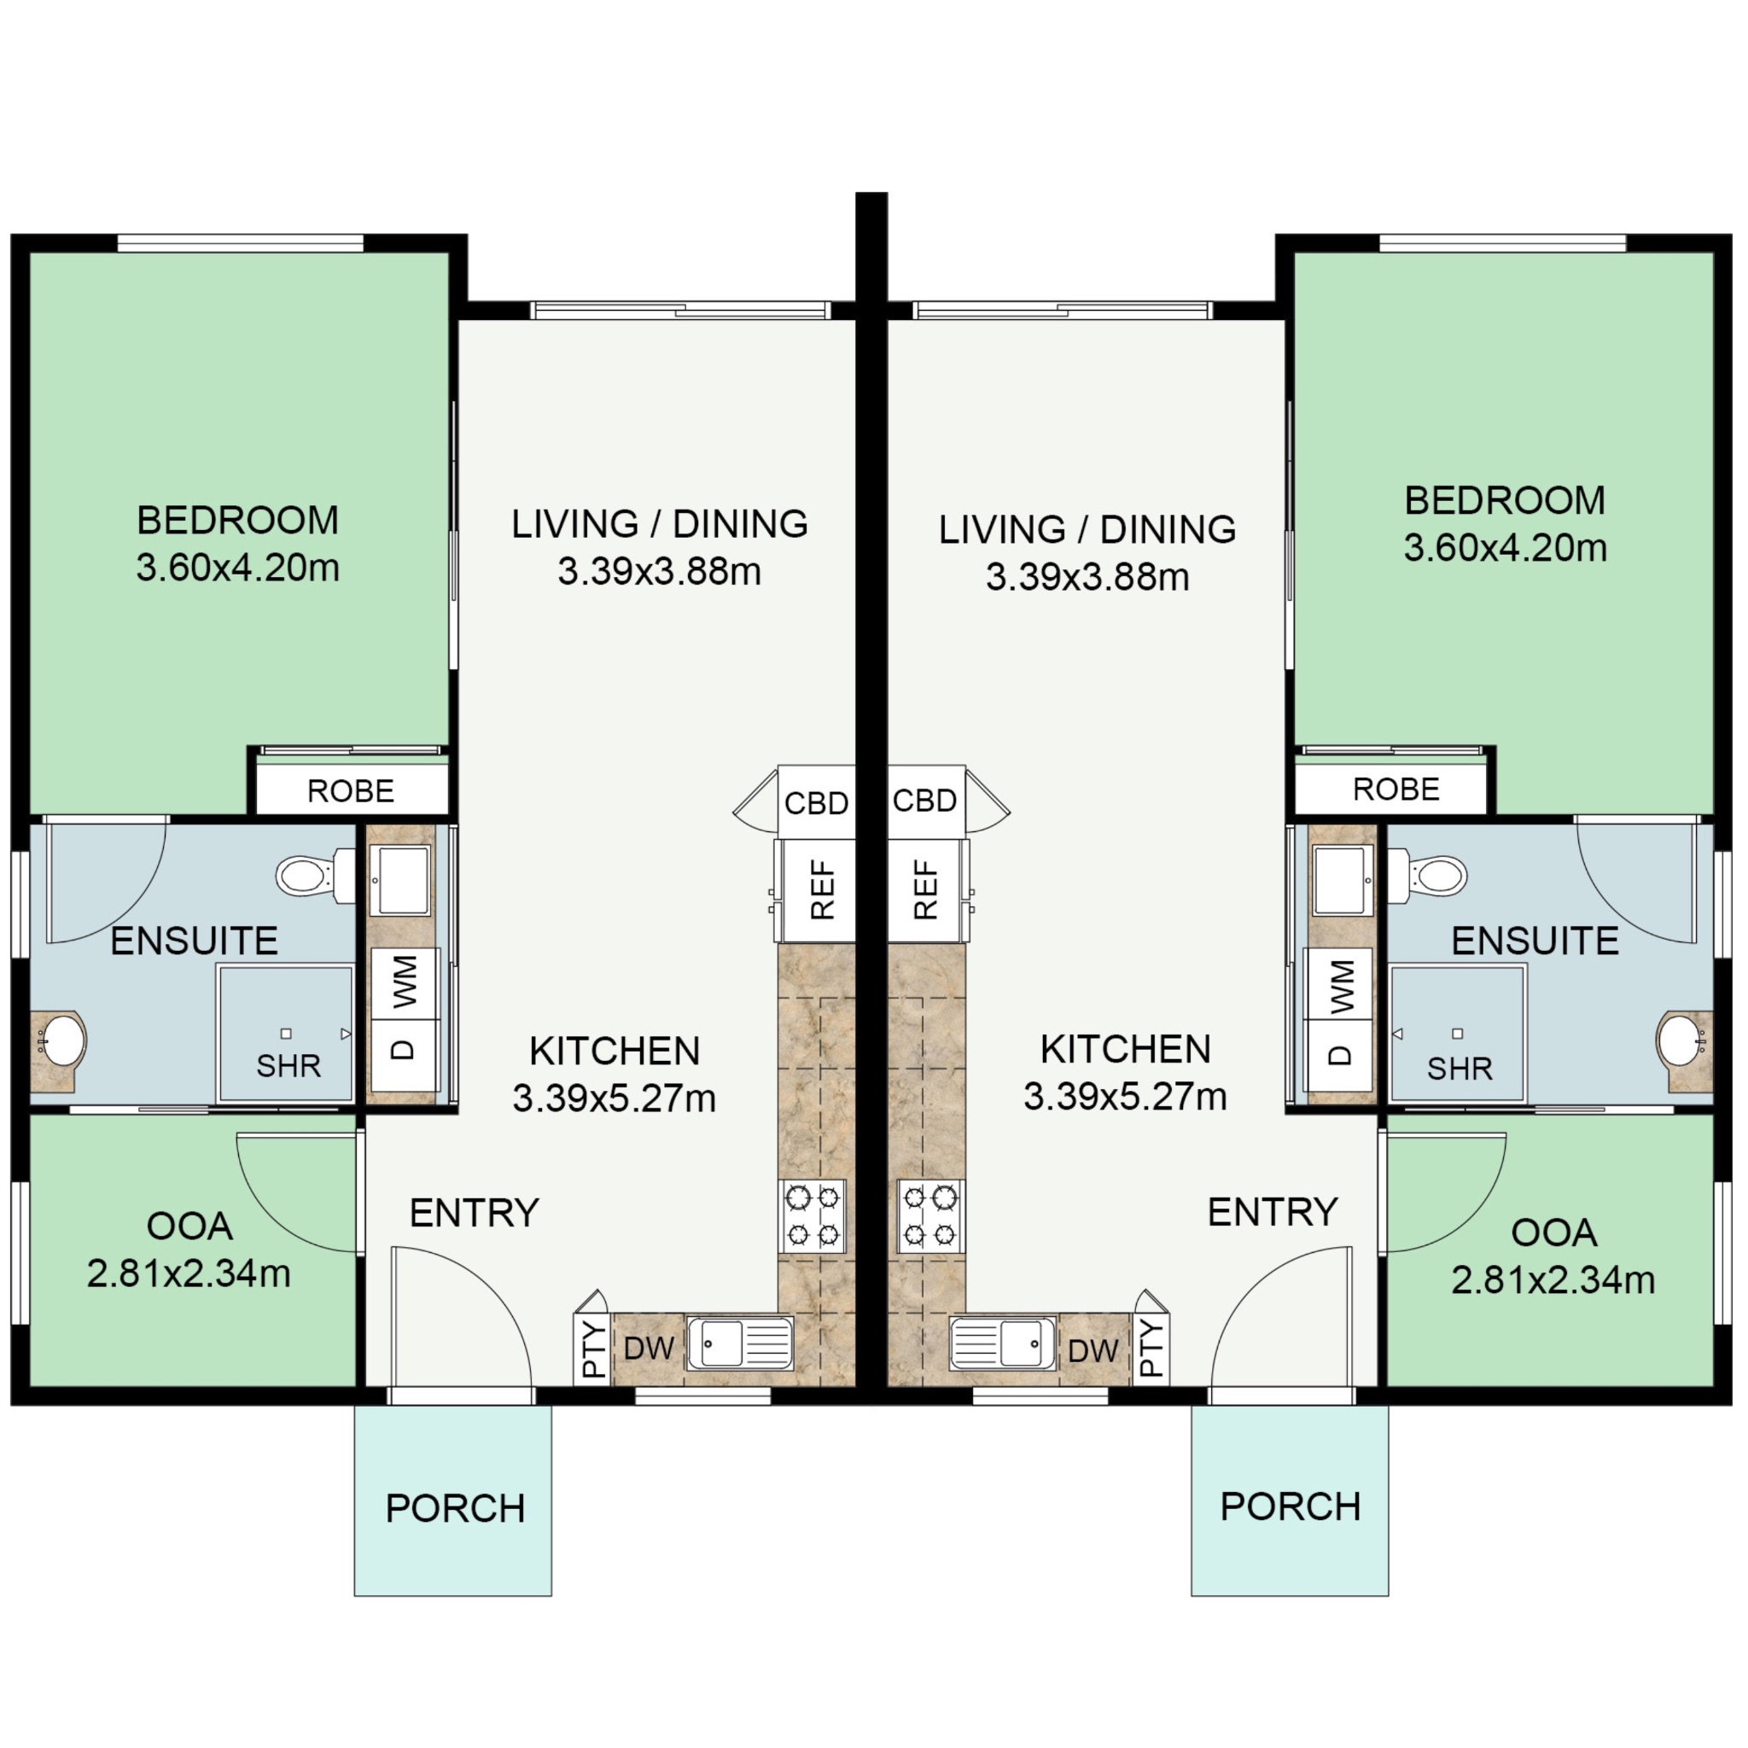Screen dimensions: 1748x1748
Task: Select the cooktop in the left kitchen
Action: coord(812,1216)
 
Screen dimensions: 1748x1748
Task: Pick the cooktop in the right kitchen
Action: coord(930,1216)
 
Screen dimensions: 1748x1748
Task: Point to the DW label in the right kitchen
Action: coord(1093,1351)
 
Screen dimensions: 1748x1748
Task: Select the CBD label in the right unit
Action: coord(924,801)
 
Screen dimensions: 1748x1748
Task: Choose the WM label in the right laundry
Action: coord(1341,986)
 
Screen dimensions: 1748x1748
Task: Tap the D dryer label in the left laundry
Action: coord(404,1050)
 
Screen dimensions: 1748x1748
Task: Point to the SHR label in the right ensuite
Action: coord(1460,1069)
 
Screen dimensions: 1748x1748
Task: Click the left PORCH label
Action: coord(455,1508)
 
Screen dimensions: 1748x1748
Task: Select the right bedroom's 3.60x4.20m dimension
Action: coord(1505,547)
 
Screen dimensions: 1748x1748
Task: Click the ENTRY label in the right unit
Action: coord(1272,1212)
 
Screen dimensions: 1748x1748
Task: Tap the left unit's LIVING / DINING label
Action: coord(660,524)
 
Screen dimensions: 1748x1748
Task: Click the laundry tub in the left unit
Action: coord(404,880)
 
